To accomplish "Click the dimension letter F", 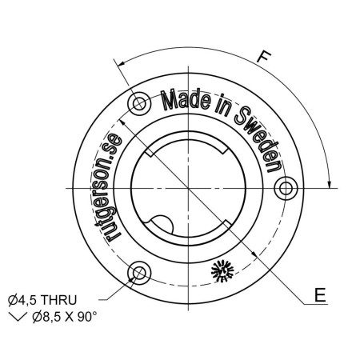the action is click(x=264, y=57).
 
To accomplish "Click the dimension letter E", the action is click(x=320, y=295).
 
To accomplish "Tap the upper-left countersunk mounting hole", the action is click(x=140, y=103).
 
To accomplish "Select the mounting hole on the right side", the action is click(x=286, y=188).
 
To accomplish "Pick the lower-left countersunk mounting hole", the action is click(x=139, y=273).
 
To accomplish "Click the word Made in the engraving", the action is click(x=186, y=101).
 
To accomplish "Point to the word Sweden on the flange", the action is click(x=258, y=138).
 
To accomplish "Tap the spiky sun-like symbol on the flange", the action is click(x=222, y=271).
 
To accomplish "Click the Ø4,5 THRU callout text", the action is click(x=42, y=300).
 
